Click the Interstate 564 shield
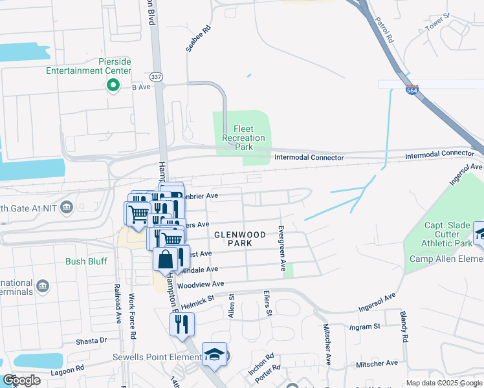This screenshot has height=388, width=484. (412, 91)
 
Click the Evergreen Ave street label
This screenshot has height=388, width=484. (281, 248)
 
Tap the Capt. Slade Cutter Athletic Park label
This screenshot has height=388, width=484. (447, 234)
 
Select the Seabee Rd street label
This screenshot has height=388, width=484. (198, 39)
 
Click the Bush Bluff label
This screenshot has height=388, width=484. (85, 262)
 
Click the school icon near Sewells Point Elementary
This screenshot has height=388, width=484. (214, 354)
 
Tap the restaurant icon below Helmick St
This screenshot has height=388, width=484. (182, 323)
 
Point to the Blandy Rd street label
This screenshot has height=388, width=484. (403, 327)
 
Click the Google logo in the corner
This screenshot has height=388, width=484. (21, 380)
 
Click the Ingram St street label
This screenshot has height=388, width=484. (364, 327)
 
